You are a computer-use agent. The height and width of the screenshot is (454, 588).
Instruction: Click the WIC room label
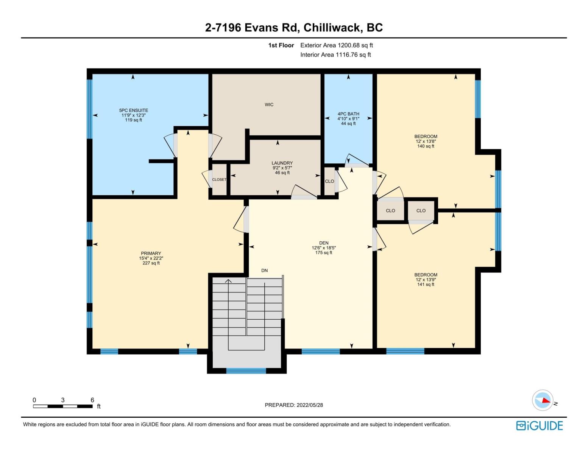click(269, 105)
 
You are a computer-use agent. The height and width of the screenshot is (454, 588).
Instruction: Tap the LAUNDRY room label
click(282, 163)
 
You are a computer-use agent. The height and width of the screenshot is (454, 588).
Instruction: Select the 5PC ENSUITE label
click(133, 110)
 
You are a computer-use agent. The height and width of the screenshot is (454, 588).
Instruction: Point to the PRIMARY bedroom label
click(151, 253)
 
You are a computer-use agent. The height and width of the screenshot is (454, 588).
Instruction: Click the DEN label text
click(324, 243)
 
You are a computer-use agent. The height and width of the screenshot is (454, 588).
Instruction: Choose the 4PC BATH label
click(348, 114)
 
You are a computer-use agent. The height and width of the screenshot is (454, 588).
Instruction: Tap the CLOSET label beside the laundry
click(219, 180)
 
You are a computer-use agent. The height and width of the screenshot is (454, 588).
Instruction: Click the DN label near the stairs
click(264, 271)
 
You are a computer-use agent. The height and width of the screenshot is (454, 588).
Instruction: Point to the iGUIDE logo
click(540, 426)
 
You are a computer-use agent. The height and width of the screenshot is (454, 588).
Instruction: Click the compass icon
click(543, 400)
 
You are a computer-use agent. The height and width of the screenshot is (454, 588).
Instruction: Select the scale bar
click(63, 406)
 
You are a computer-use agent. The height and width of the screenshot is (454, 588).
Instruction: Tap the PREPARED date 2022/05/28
click(294, 405)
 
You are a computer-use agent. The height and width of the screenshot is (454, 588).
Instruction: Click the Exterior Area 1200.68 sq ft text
click(336, 45)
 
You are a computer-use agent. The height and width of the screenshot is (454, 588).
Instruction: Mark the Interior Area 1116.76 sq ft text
click(335, 55)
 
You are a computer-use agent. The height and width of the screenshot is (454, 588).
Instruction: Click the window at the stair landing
click(246, 371)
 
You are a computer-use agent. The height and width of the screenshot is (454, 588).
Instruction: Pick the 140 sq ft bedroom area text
click(426, 146)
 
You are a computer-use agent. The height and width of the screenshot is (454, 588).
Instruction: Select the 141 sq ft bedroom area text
click(426, 285)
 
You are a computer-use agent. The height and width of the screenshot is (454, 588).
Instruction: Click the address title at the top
click(294, 28)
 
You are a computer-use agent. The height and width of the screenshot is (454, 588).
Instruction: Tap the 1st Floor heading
click(281, 45)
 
